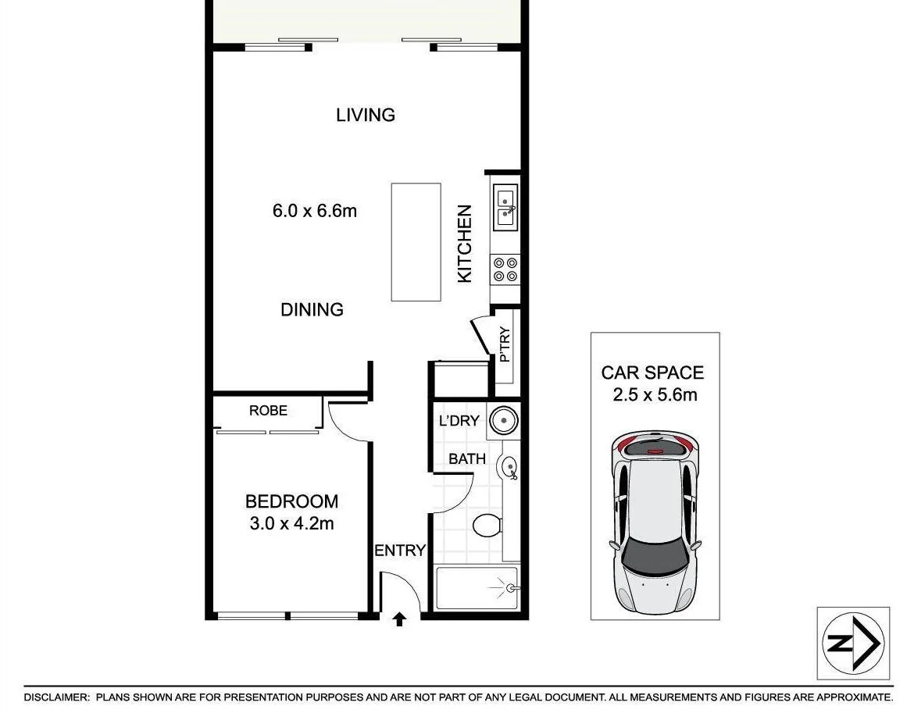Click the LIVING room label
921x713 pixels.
pos(366,115)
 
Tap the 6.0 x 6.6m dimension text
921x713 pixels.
pos(315,210)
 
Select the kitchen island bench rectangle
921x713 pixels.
pos(416,242)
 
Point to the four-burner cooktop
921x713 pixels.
pos(505,269)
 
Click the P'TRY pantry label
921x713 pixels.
pos(505,345)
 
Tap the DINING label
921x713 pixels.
pos(312,310)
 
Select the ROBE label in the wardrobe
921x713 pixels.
pos(268,411)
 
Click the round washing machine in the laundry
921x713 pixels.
pos(504,422)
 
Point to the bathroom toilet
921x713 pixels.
pos(487,525)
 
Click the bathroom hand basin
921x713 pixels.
pos(509,467)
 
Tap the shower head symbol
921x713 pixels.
pos(511,587)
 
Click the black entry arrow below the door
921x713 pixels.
pos(399,619)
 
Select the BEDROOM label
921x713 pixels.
pos(291,501)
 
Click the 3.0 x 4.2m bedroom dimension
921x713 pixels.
pos(291,524)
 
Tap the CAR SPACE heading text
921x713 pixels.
pos(652,373)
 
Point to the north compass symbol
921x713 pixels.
pos(853,643)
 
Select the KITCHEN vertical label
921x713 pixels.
pos(465,244)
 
